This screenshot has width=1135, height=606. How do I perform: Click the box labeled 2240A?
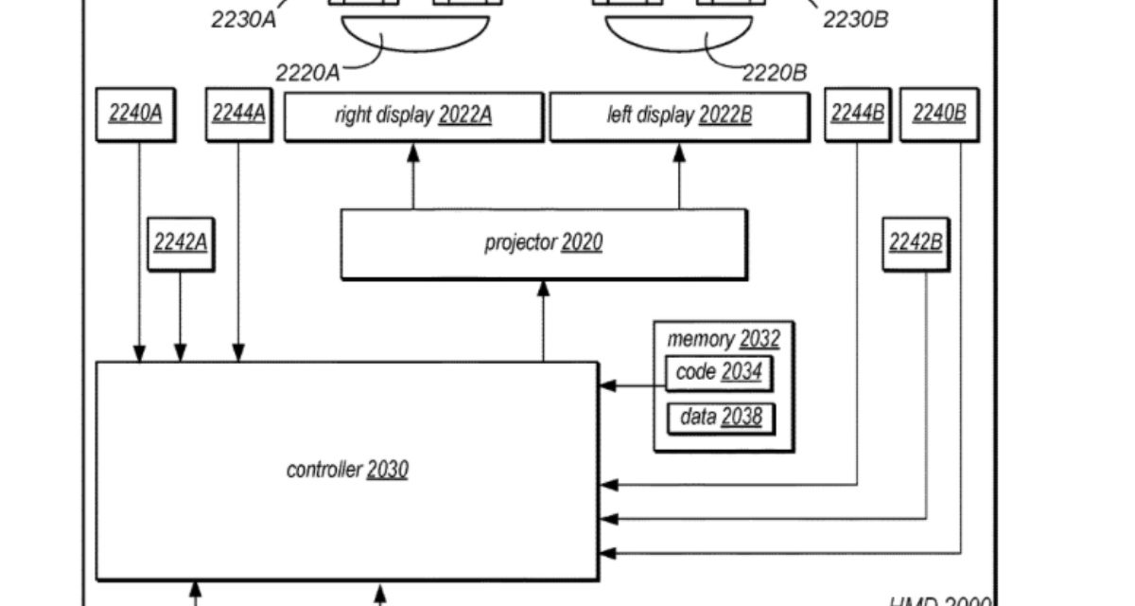(135, 115)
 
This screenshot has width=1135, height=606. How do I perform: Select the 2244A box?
(238, 115)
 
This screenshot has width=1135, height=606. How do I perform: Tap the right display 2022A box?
(413, 116)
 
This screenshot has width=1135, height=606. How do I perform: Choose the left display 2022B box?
(679, 116)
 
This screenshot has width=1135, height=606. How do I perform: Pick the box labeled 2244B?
(858, 115)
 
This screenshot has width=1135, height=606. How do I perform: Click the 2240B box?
(938, 115)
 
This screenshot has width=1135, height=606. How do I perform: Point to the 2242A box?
(180, 242)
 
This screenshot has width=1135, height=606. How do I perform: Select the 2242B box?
(915, 242)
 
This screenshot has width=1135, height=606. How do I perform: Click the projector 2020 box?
(543, 243)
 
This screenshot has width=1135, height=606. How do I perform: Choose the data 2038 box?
(720, 417)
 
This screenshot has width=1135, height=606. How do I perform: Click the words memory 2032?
(723, 339)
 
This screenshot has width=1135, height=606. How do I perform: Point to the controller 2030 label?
(347, 469)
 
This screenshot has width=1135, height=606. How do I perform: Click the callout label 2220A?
(307, 72)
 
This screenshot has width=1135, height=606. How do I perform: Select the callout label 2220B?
(775, 72)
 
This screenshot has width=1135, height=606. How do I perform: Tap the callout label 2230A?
(243, 20)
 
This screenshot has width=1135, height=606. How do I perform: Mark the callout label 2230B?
(855, 20)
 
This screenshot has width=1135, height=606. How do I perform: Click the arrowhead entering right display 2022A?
(413, 150)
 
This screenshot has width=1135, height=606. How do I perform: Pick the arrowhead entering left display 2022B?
(679, 150)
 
